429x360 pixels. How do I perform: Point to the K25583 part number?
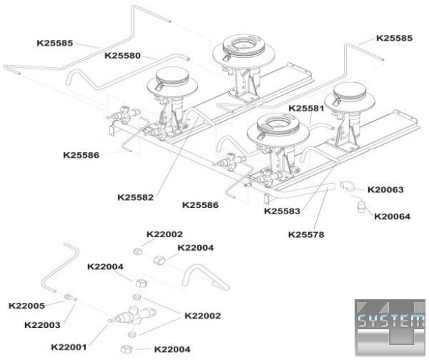(282, 211)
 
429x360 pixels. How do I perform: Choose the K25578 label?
(307, 234)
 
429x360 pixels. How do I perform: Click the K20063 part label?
(385, 190)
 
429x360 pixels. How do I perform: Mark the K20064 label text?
(392, 216)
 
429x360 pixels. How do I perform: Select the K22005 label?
(26, 306)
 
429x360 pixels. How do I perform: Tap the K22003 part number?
(42, 324)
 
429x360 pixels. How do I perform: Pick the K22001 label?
(69, 347)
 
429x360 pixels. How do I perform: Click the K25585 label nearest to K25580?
(55, 43)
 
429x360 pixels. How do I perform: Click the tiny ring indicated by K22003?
(74, 299)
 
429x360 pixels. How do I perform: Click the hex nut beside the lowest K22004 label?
(138, 349)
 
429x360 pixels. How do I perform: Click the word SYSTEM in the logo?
(391, 321)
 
